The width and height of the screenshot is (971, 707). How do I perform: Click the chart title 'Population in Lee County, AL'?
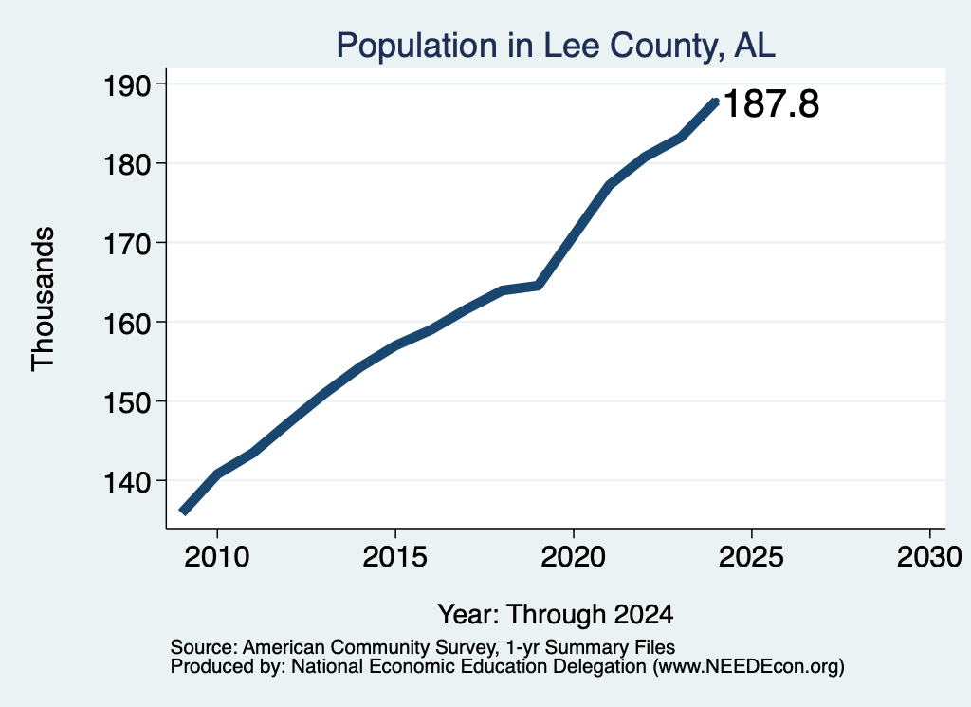[556, 46]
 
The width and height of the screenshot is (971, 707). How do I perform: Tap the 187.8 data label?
[770, 102]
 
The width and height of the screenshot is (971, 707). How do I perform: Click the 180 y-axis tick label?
[127, 164]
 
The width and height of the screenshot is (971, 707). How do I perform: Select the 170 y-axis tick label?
[127, 244]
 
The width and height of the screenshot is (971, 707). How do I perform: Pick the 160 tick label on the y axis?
[127, 323]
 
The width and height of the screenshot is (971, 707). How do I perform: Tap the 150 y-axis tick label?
[127, 402]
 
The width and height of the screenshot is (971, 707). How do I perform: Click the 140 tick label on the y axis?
[127, 481]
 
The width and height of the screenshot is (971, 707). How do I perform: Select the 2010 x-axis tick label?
[217, 556]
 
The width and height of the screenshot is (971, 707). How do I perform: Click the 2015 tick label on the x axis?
[395, 556]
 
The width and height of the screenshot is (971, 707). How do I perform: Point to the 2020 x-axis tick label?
[574, 556]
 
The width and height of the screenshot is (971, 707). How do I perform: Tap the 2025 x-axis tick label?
[751, 556]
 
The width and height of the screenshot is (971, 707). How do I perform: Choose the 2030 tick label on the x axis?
[929, 556]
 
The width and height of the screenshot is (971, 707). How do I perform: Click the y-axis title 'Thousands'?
[43, 299]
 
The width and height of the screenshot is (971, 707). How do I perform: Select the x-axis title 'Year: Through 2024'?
[556, 615]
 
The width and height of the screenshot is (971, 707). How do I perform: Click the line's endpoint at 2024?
[716, 102]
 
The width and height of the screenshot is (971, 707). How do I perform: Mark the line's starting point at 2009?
[183, 512]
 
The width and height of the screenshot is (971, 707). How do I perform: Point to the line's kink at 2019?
[539, 286]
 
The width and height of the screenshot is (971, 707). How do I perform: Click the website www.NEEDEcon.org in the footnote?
[748, 667]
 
